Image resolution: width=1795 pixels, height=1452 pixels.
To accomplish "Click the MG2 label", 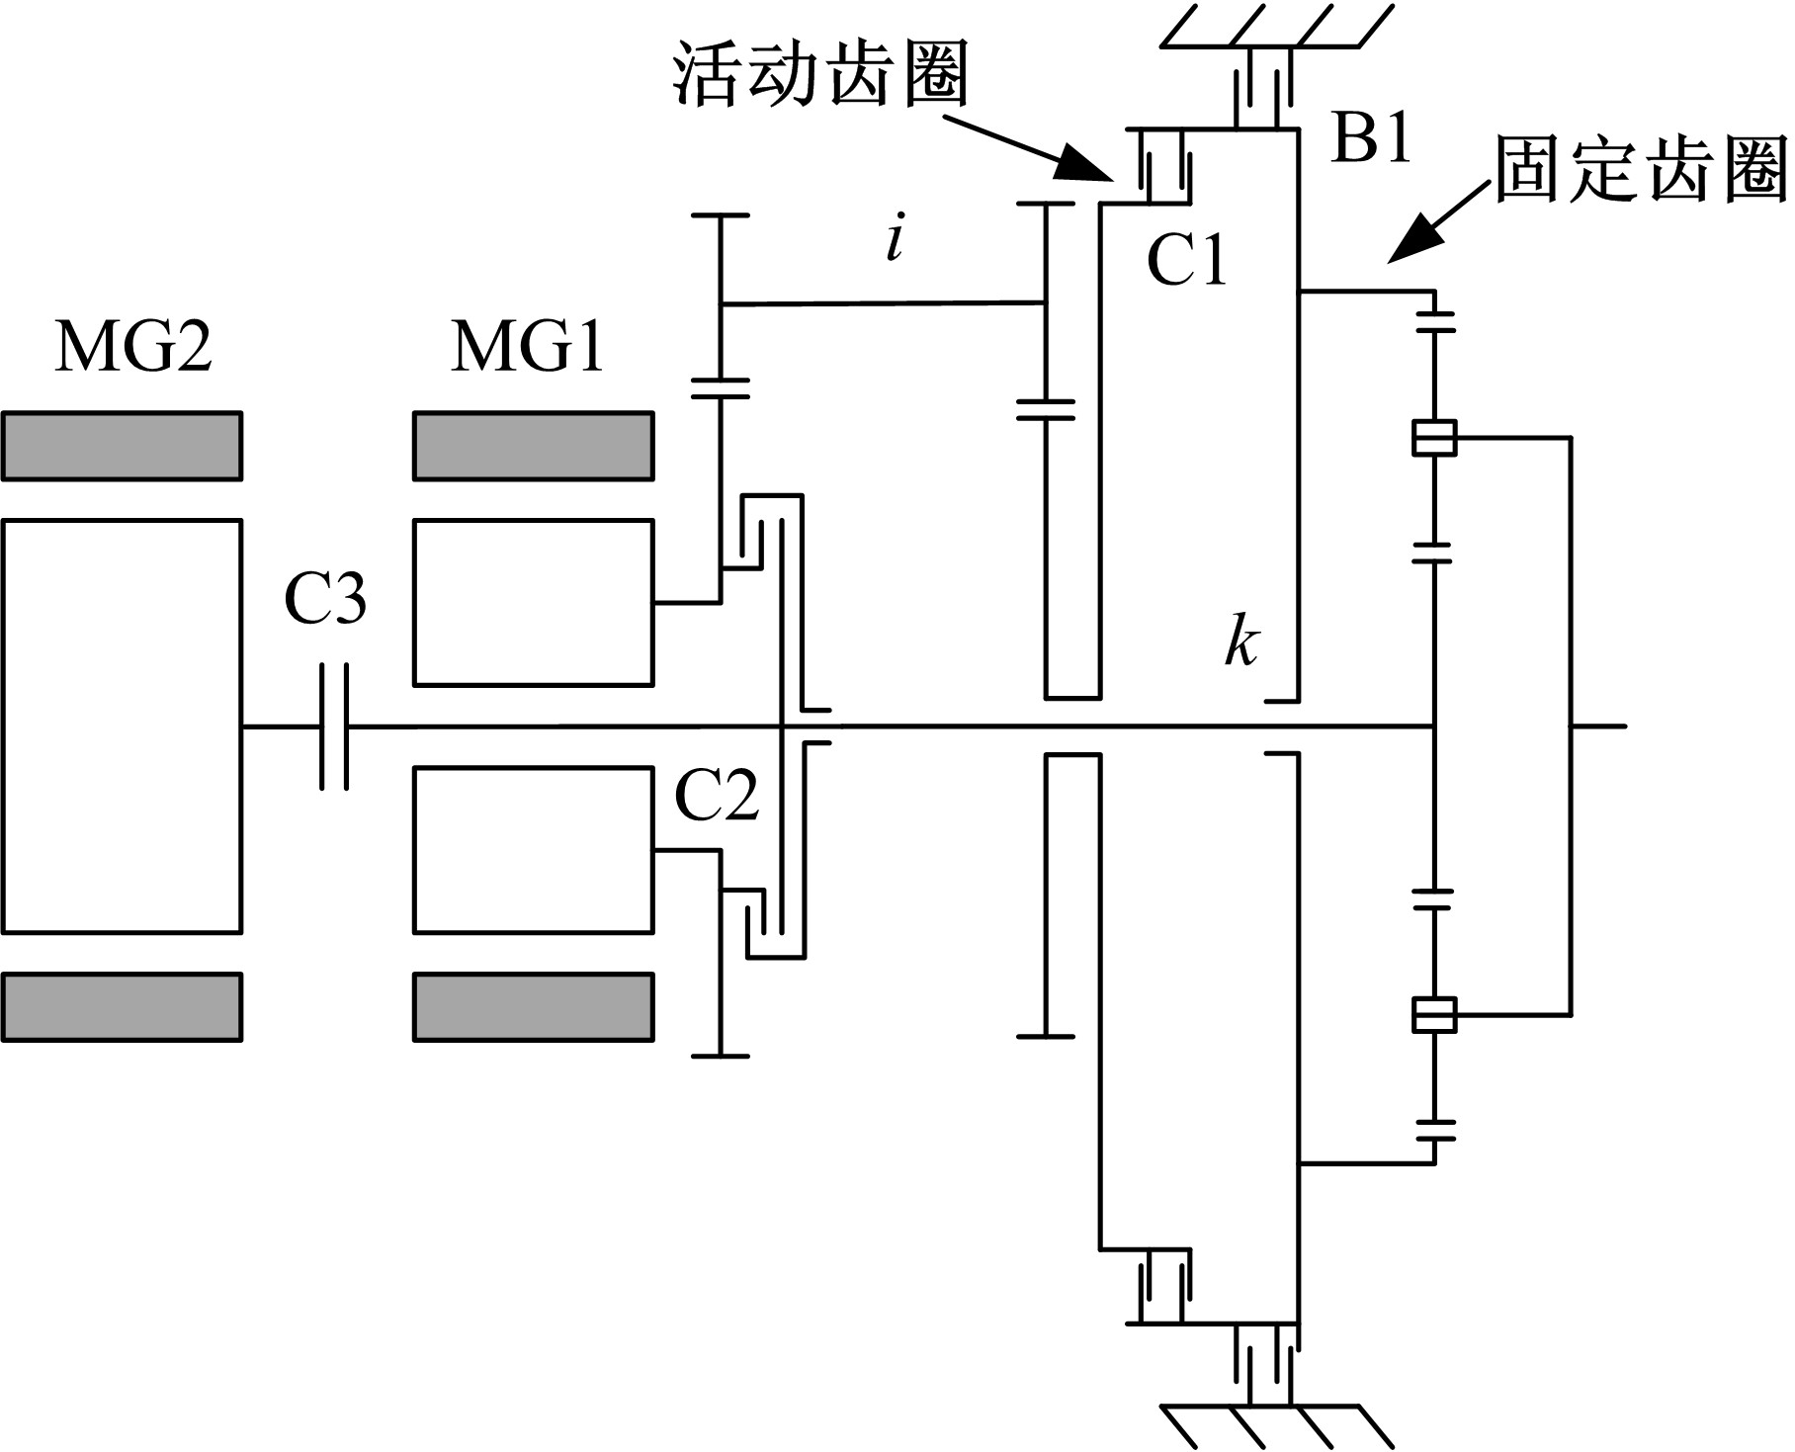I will click(133, 348).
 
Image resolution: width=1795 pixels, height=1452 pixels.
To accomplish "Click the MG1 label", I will click(528, 348).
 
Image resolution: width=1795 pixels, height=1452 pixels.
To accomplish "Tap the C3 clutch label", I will click(325, 600).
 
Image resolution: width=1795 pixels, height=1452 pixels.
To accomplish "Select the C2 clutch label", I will click(717, 796).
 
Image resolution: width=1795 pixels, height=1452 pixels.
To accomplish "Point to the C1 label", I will click(1186, 261).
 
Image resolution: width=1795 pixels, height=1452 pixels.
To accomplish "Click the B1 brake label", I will click(1372, 139).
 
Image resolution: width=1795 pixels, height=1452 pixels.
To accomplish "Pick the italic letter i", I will click(895, 240).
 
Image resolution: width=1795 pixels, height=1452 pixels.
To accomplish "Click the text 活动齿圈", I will click(819, 75).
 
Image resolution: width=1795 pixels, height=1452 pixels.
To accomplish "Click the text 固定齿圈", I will click(1641, 169).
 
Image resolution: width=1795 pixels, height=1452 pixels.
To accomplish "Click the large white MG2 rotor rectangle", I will click(122, 726).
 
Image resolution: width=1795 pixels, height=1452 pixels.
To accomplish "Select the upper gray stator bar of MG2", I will click(122, 446).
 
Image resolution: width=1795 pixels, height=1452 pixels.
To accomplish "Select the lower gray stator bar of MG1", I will click(533, 1006).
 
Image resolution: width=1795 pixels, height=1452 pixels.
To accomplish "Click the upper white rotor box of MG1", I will click(533, 602).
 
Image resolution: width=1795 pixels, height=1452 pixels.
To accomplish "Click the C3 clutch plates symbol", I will click(334, 726).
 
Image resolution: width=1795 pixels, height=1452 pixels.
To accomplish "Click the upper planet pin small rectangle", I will click(1434, 438).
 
